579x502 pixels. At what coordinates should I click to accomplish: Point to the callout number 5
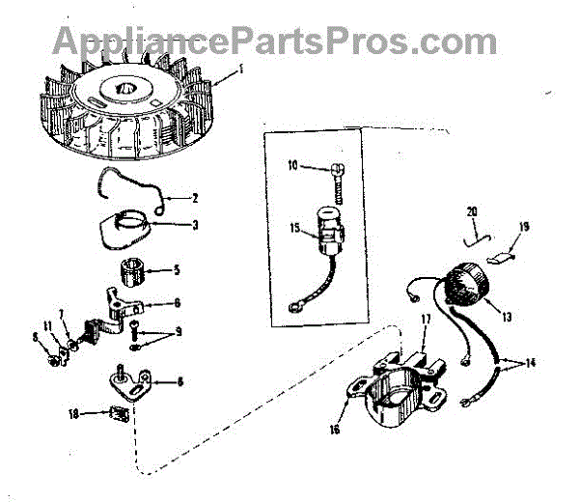coord(176,269)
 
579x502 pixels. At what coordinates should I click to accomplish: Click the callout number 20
coord(471,211)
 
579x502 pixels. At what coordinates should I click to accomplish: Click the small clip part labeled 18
coord(119,415)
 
